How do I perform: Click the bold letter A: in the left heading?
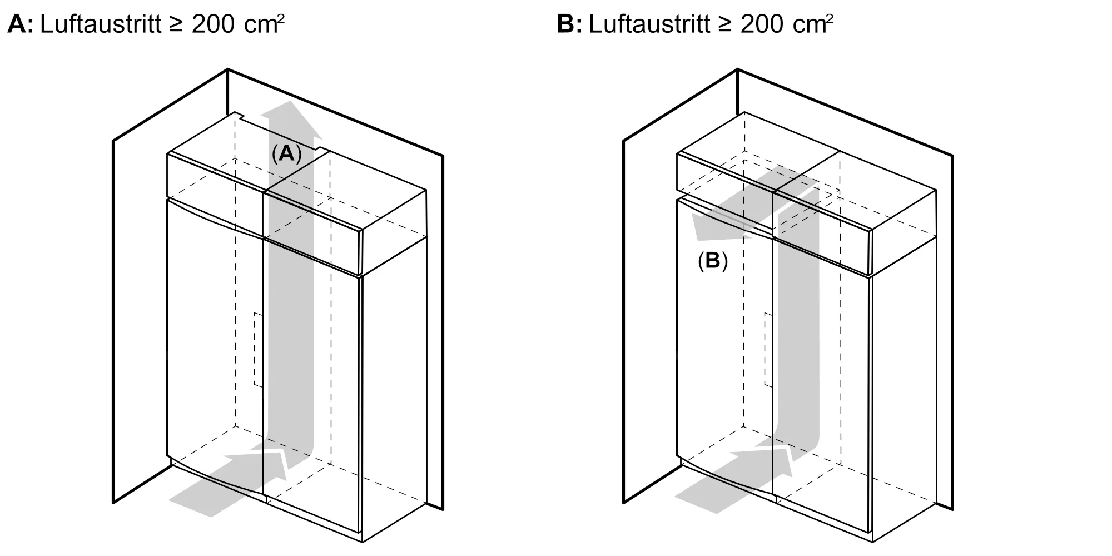[21, 24]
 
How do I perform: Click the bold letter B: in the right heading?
[569, 24]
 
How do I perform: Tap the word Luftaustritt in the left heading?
[101, 24]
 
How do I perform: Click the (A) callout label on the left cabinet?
[286, 153]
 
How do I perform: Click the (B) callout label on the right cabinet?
[713, 261]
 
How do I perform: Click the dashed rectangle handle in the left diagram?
[258, 350]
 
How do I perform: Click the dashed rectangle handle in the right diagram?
[768, 350]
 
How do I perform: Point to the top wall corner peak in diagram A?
[228, 69]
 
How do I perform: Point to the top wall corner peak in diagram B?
[738, 69]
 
